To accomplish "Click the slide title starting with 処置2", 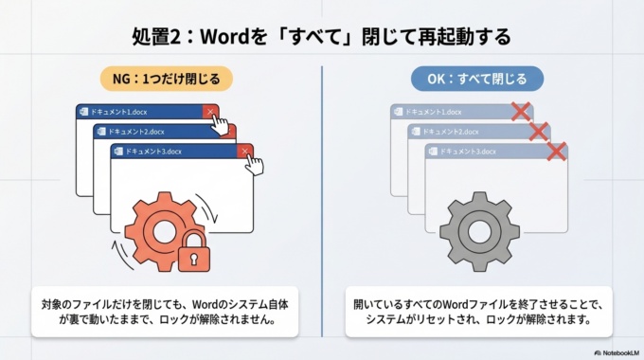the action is [322, 37].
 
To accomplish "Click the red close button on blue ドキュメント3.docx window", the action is [244, 151].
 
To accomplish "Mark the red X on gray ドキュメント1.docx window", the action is [520, 112].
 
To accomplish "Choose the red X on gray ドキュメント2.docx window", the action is [538, 131].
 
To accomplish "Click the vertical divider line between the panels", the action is [322, 199].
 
